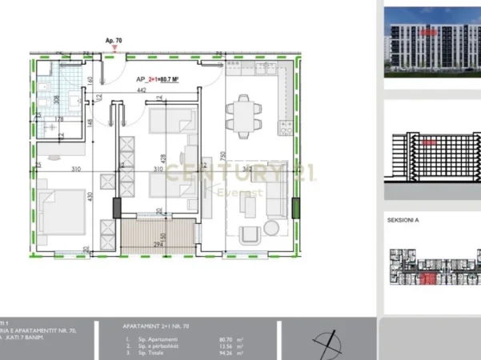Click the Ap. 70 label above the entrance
113,39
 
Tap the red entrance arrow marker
114,48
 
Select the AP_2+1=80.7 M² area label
156,79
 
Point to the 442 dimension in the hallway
141,90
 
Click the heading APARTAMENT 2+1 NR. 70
157,326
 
